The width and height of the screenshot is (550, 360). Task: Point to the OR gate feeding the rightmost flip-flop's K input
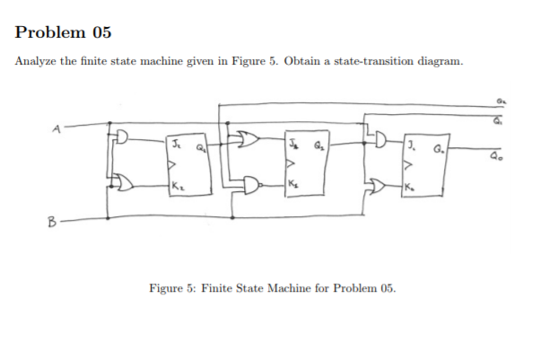click(x=378, y=185)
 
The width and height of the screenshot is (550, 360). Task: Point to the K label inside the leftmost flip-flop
click(x=177, y=186)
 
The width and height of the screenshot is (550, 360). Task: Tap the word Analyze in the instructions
click(x=38, y=60)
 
